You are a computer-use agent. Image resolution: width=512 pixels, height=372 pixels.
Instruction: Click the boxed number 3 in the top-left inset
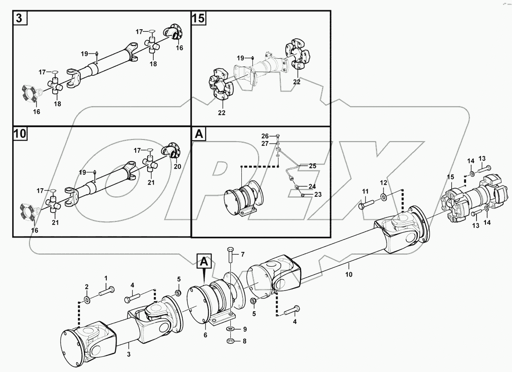click(x=20, y=18)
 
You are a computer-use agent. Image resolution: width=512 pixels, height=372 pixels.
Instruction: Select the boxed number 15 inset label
click(x=199, y=18)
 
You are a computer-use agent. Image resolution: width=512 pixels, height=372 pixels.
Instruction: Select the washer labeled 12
click(x=384, y=198)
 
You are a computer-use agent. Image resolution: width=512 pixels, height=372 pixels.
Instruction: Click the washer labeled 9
click(x=230, y=329)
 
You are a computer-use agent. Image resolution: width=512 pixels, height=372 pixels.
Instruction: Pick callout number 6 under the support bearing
click(x=205, y=335)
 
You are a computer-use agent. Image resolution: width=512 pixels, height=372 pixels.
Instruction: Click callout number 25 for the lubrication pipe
click(x=312, y=166)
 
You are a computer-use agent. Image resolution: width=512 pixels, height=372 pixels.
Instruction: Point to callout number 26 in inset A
click(x=265, y=136)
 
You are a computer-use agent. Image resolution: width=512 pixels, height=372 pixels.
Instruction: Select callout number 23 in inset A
click(x=318, y=195)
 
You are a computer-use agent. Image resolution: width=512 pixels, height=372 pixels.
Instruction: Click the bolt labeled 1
click(x=107, y=291)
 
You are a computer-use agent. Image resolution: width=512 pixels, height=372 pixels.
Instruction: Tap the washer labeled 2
click(x=87, y=301)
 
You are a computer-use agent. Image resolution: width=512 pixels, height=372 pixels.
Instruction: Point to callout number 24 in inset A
click(x=312, y=187)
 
